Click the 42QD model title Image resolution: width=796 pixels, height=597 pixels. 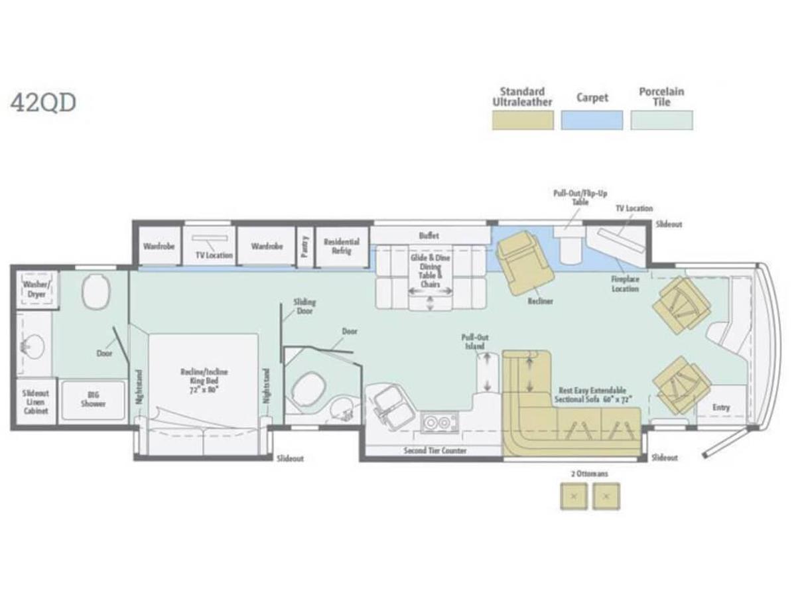click(43, 103)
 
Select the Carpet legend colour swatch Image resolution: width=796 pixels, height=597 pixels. click(592, 120)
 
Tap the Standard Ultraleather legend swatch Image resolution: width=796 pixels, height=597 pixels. click(522, 120)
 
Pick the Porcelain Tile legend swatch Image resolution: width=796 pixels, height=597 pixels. click(661, 120)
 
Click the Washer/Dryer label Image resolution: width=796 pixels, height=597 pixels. click(36, 289)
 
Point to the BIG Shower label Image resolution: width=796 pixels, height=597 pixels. click(93, 399)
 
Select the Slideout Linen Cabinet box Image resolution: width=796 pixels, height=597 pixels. click(35, 402)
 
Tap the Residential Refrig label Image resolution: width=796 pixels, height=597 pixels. click(342, 247)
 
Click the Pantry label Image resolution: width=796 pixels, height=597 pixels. click(305, 246)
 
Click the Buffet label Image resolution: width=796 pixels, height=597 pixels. click(429, 235)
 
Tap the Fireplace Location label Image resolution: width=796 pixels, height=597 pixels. click(625, 284)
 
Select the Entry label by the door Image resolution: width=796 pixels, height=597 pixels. click(721, 407)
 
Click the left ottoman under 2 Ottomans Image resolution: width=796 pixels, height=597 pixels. click(574, 496)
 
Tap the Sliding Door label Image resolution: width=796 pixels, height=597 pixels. click(304, 306)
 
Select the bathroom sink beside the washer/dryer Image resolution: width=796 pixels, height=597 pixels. click(31, 346)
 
